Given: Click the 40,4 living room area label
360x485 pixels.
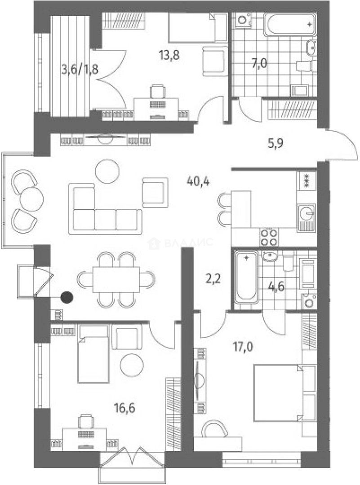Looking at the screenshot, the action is tap(198, 181).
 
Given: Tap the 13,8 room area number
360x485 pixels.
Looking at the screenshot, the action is tap(169, 56).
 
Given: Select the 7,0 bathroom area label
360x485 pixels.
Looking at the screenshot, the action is tap(258, 64).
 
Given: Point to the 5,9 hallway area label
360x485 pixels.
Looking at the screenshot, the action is tap(275, 143).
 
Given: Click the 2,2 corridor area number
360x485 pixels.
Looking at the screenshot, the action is tap(213, 280).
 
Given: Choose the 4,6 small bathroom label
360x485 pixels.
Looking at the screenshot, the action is tap(276, 287).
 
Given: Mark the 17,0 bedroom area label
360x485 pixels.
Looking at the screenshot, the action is tap(243, 347).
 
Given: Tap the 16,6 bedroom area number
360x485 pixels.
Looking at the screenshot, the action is tap(124, 409).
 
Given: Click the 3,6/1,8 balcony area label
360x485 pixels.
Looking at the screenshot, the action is tap(80, 69).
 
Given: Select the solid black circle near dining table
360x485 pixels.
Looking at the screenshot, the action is tap(67, 298).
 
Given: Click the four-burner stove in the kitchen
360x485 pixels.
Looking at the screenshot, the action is tap(269, 237).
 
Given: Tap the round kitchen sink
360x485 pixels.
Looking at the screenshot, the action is tap(307, 213).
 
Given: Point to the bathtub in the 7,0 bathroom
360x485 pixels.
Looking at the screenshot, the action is tap(290, 24).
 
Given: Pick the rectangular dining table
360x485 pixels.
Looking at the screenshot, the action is tap(116, 280).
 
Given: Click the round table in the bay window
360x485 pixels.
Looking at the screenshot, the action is tap(31, 199).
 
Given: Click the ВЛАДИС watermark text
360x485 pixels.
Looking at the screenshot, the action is tap(188, 242).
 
